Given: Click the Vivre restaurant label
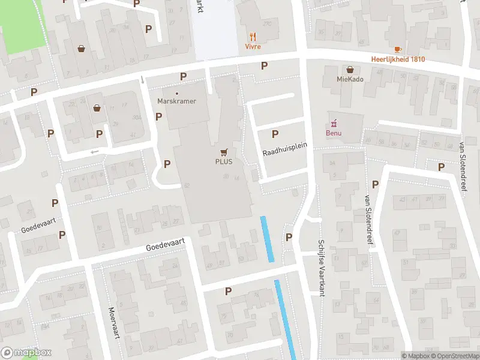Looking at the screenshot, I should click(x=253, y=46).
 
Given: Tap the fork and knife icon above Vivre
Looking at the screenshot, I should click(x=253, y=36).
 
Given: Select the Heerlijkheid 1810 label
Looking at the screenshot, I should click(x=398, y=59).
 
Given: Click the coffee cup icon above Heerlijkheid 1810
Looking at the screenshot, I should click(x=397, y=50).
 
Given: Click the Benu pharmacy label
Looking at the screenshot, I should click(x=334, y=133).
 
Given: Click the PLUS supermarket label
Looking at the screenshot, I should click(x=224, y=161).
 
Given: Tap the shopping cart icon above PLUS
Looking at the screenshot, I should click(x=224, y=152).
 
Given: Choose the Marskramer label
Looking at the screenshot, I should click(x=176, y=101).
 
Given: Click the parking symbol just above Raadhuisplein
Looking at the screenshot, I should click(x=275, y=134).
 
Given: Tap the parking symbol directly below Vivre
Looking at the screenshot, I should click(x=264, y=65).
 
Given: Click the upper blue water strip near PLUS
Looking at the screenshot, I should click(x=267, y=238).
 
